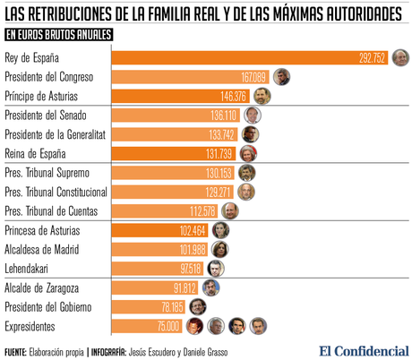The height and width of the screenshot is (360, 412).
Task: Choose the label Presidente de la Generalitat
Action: click(x=56, y=134)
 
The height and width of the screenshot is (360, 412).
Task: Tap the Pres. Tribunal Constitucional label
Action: click(x=56, y=192)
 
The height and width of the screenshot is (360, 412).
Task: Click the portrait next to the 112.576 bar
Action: click(x=231, y=211)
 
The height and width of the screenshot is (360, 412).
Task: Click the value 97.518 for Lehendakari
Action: click(x=189, y=269)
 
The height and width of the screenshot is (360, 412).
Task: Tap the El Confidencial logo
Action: click(x=362, y=350)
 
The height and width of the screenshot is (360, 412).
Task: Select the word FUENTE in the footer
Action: click(x=15, y=351)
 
